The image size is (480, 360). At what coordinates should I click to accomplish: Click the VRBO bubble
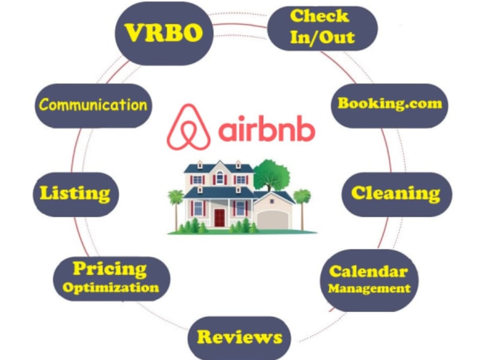pyautogui.click(x=164, y=34)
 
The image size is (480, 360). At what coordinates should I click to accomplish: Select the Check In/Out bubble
pyautogui.click(x=323, y=28)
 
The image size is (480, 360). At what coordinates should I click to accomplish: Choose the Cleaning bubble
pyautogui.click(x=397, y=194)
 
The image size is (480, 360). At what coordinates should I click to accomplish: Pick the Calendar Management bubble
pyautogui.click(x=369, y=280)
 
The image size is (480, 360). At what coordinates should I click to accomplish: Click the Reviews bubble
pyautogui.click(x=239, y=338)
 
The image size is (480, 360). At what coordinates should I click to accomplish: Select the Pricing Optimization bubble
pyautogui.click(x=111, y=278)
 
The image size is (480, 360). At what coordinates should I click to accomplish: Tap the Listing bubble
pyautogui.click(x=76, y=194)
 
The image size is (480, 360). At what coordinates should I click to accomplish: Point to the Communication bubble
pyautogui.click(x=93, y=106)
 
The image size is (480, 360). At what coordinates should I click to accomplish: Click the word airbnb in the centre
pyautogui.click(x=266, y=129)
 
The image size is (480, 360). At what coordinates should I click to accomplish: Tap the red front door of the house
pyautogui.click(x=219, y=217)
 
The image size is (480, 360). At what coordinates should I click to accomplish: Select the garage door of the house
pyautogui.click(x=273, y=220)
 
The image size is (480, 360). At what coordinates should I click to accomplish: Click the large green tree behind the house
pyautogui.click(x=271, y=175)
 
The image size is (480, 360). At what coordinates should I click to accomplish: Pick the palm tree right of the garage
pyautogui.click(x=302, y=209)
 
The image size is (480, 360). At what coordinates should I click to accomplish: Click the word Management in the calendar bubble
pyautogui.click(x=369, y=288)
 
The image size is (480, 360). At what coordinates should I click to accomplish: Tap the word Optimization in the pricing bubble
pyautogui.click(x=111, y=288)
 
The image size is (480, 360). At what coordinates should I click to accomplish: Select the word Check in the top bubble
pyautogui.click(x=320, y=16)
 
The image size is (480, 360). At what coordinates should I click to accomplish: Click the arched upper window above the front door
pyautogui.click(x=219, y=177)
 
